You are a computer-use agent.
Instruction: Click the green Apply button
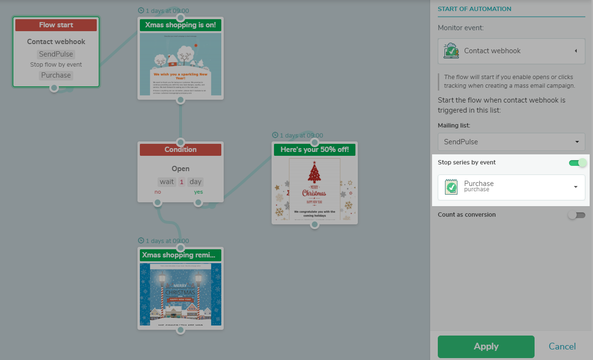(x=486, y=347)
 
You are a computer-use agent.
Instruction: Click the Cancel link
(x=562, y=347)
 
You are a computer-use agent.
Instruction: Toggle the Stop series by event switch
(x=577, y=163)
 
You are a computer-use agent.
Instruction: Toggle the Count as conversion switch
(x=576, y=215)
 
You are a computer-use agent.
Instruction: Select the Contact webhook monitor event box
(x=511, y=51)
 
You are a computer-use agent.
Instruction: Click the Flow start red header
(x=56, y=25)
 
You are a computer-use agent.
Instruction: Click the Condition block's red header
(x=180, y=150)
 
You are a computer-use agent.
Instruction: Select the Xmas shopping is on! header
(x=180, y=25)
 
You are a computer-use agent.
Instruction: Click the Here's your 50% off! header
(x=314, y=150)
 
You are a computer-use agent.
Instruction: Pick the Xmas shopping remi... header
(x=180, y=255)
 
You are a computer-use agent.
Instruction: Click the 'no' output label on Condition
(x=158, y=192)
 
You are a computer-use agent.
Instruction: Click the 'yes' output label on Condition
(x=198, y=192)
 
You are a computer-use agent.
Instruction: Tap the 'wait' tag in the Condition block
(x=167, y=182)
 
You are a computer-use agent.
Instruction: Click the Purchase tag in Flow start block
(x=56, y=75)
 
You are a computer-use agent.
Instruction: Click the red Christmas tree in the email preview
(x=314, y=173)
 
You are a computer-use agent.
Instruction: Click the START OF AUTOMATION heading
(x=474, y=9)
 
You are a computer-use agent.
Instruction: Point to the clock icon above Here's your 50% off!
(x=275, y=135)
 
